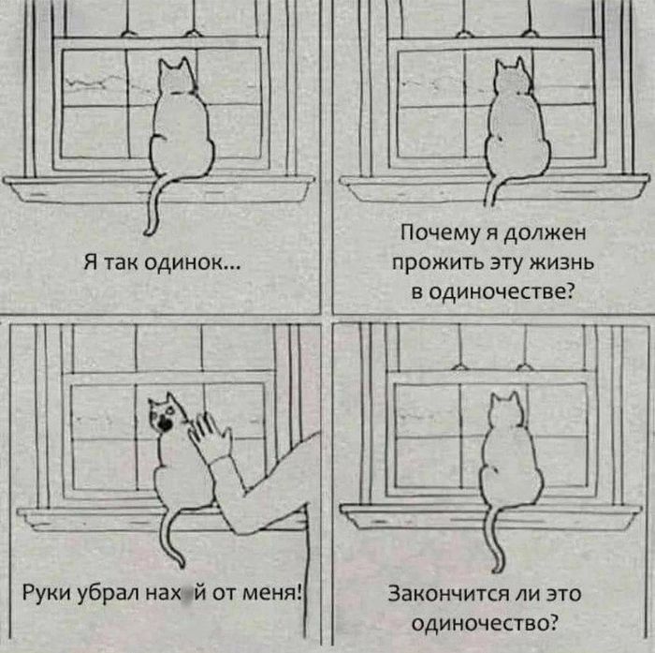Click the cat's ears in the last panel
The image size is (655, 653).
(x=505, y=400)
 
